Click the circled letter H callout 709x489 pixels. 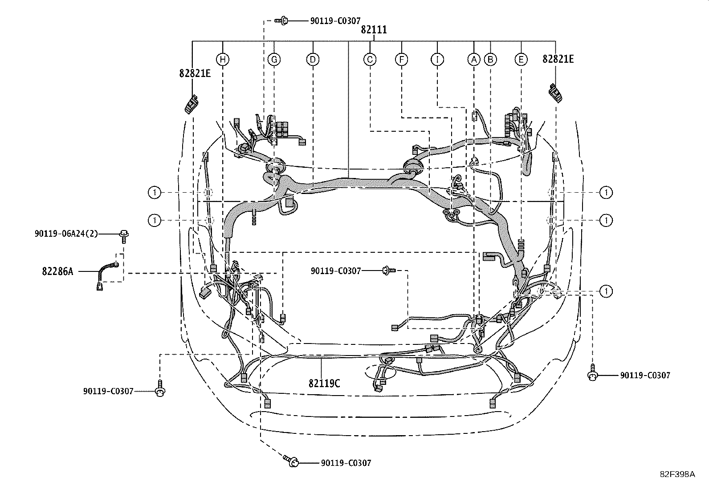click(x=223, y=60)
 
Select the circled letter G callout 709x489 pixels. click(x=274, y=60)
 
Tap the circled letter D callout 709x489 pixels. click(x=313, y=60)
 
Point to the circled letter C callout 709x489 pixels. click(x=370, y=60)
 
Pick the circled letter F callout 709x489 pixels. click(x=401, y=60)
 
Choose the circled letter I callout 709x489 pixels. click(x=437, y=60)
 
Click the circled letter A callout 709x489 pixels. click(x=474, y=60)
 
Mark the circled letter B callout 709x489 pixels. click(x=490, y=60)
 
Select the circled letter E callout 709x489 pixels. click(x=521, y=60)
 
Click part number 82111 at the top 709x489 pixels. click(x=374, y=30)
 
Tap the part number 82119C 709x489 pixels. click(x=324, y=384)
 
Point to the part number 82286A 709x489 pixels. click(x=57, y=271)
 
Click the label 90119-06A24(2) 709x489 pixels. click(x=66, y=234)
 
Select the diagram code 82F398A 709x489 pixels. click(x=677, y=474)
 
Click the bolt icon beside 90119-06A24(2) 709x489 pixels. click(x=124, y=237)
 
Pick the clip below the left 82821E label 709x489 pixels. click(x=191, y=104)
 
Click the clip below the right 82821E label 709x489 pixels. click(x=555, y=93)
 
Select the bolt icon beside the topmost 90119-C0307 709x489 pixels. click(x=281, y=21)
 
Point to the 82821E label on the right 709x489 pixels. click(x=558, y=59)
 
